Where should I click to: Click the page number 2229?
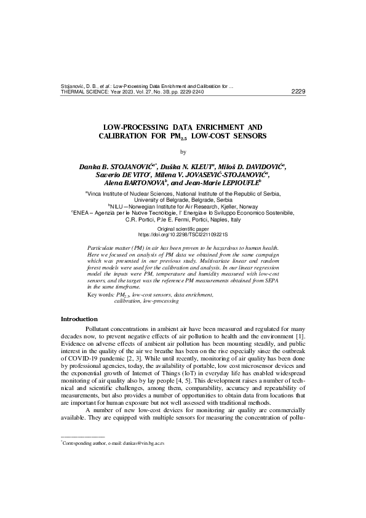(298, 92)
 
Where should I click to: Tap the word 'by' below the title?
(183, 152)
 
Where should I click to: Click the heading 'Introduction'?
(79, 319)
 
